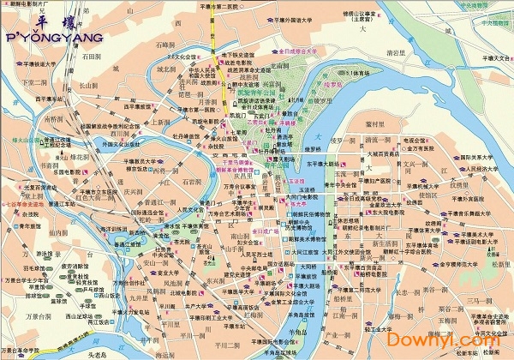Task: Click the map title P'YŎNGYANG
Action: [x=53, y=38]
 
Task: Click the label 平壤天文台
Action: [x=490, y=57]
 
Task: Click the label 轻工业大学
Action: [x=379, y=328]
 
